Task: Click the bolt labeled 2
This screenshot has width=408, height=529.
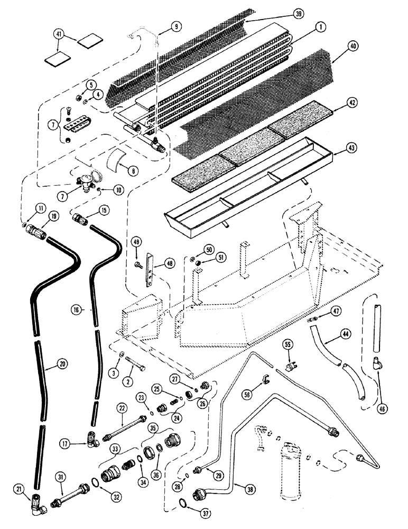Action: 135,364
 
